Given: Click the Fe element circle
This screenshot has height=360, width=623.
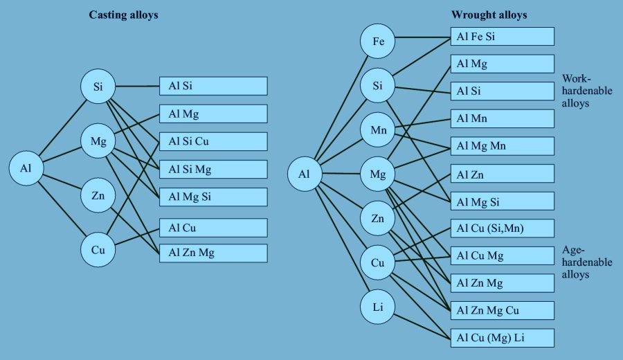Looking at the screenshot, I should point(378,42).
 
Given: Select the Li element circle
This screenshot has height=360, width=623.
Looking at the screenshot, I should point(378,307).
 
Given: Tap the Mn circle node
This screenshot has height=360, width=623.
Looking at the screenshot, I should point(378,130).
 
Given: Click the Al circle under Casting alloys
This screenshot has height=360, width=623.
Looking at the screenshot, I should point(26,168).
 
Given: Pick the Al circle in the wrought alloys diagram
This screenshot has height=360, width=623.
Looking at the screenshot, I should point(305,174).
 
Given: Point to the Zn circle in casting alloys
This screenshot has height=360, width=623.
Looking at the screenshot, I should point(98,196).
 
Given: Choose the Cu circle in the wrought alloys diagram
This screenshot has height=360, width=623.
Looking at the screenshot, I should point(378,263).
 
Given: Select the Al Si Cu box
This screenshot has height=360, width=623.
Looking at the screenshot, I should point(213,141).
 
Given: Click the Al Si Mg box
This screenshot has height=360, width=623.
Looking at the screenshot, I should point(213,169).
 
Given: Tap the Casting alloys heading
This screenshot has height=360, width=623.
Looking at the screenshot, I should point(124,15).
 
